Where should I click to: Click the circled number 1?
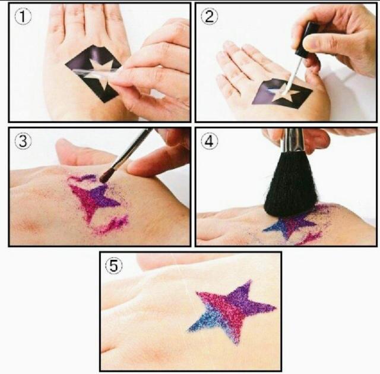23,17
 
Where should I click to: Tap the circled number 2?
210,17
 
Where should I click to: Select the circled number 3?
23,141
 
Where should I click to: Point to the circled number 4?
210,141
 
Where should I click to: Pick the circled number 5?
113,266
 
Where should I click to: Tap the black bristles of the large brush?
290,184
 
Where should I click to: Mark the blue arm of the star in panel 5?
206,320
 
